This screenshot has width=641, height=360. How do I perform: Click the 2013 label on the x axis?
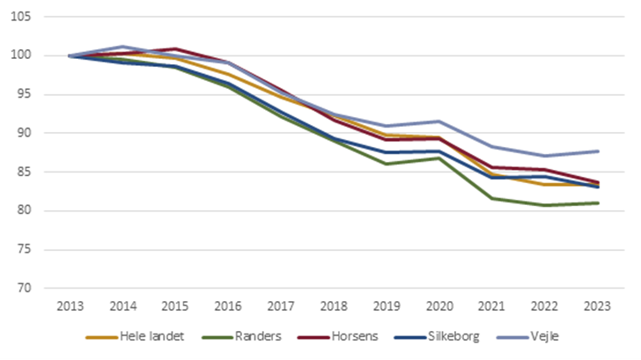coord(70,305)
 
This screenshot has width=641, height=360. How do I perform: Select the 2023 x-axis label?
coord(598,305)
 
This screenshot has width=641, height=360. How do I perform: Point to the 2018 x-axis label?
coord(334,305)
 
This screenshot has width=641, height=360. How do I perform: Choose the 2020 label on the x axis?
coord(439,305)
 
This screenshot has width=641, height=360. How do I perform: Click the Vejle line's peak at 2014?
coord(123,47)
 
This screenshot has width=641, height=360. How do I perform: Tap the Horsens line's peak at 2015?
coord(176,49)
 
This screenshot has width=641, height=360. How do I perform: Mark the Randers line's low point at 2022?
coord(545,205)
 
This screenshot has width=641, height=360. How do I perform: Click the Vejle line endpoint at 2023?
coord(598,151)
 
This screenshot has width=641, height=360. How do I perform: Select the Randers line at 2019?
coord(387,164)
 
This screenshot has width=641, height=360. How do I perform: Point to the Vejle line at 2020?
coord(439,121)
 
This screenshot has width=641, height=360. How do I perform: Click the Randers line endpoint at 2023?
coord(598,203)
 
